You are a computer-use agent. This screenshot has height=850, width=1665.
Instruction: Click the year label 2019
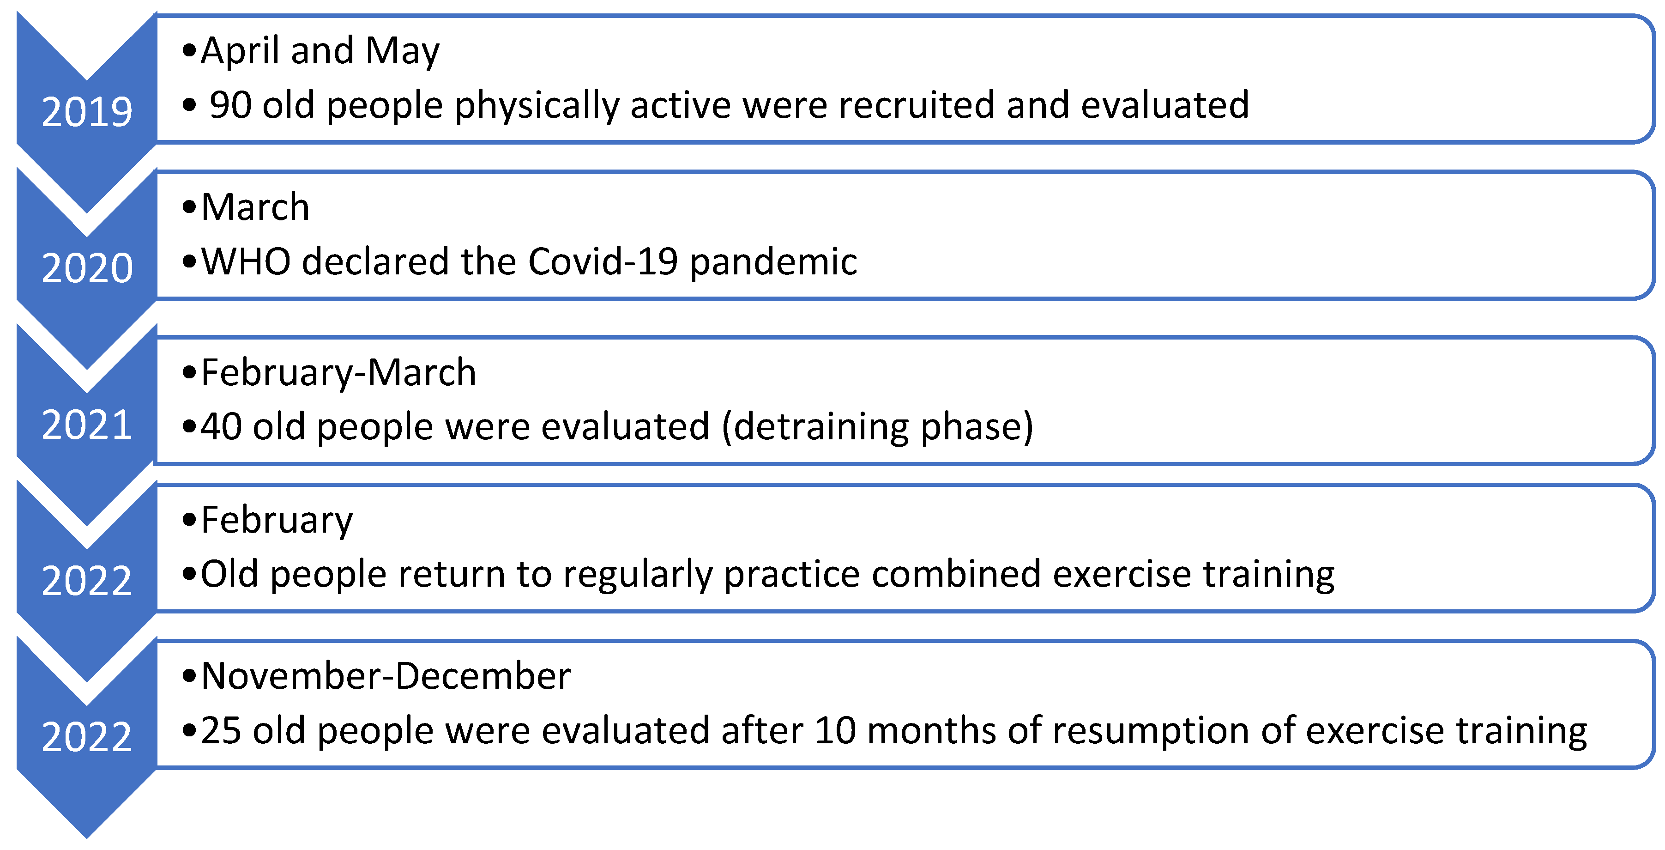tap(87, 112)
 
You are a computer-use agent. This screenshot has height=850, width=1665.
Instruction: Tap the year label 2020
tap(87, 268)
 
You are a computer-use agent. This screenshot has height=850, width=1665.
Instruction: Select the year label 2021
tap(87, 425)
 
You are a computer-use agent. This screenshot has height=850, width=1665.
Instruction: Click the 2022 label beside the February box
tap(87, 580)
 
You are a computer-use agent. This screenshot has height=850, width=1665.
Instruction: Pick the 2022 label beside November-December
tap(87, 737)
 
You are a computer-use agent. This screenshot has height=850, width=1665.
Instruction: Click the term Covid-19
tap(603, 261)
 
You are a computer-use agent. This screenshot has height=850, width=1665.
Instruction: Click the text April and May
tap(320, 52)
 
